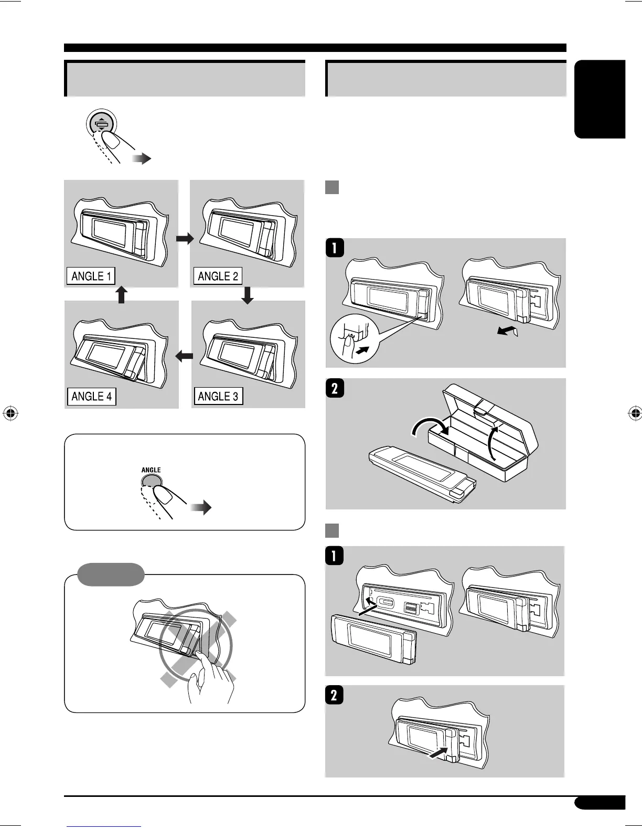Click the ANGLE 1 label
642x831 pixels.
[x=91, y=276]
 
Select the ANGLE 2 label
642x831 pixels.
[x=218, y=276]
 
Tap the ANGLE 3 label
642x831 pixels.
[x=218, y=396]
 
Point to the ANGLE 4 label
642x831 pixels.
[x=91, y=396]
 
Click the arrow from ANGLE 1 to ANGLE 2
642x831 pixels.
[x=184, y=239]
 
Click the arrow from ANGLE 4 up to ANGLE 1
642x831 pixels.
[x=121, y=294]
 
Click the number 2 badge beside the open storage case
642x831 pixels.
[x=335, y=389]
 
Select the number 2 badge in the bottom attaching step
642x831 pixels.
[x=335, y=695]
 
